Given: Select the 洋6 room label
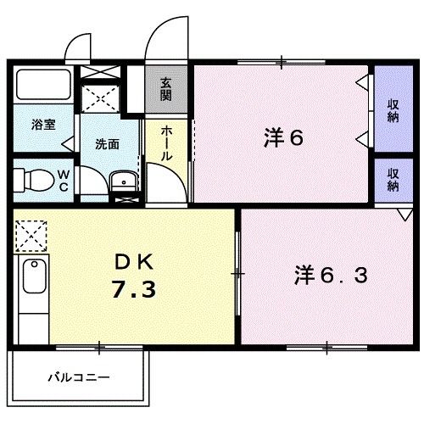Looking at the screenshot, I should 282,138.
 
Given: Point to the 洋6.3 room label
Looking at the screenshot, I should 332,275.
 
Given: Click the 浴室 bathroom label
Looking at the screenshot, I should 44,125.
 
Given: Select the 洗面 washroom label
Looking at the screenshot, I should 107,144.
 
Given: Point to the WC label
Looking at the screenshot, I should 62,181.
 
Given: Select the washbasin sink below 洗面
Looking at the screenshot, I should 123,182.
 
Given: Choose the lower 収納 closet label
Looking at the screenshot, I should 393,179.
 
